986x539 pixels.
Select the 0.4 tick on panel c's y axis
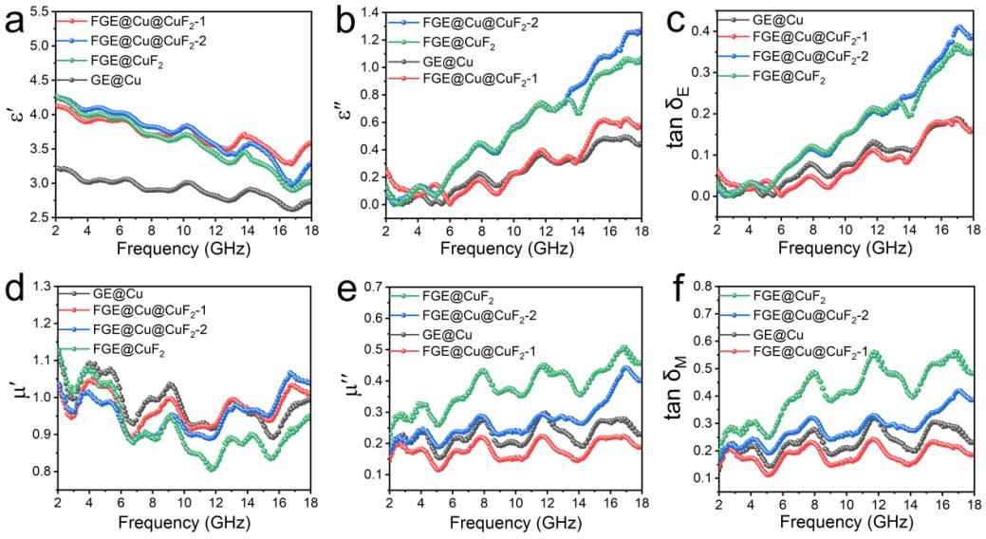(x=702, y=31)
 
